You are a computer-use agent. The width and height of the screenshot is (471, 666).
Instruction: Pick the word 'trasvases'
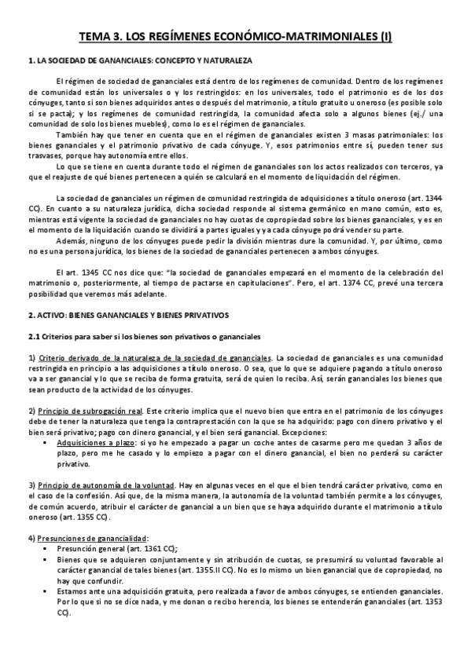tap(46, 156)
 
